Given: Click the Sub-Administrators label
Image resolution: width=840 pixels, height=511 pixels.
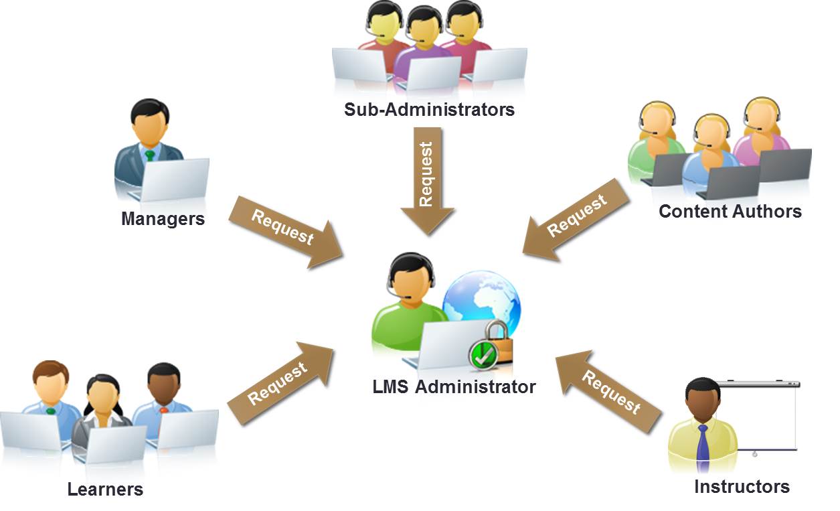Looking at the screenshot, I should pos(429,109).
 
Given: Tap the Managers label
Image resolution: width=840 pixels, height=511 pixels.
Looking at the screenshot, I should pos(163,218).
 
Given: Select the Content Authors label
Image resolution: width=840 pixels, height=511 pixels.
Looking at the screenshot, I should pos(730,211).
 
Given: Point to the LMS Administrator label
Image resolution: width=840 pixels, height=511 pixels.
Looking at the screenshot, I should pos(454,386).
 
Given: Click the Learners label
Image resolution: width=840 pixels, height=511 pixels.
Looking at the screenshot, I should pos(105,489).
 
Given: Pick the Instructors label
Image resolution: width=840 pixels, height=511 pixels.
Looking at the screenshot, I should pos(742,486).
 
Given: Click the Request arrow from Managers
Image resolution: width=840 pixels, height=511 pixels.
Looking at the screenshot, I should pos(285,230).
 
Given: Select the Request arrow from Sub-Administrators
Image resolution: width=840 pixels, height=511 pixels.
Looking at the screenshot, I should pos(427,177).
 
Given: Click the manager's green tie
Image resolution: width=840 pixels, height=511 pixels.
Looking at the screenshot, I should pos(150,155).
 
